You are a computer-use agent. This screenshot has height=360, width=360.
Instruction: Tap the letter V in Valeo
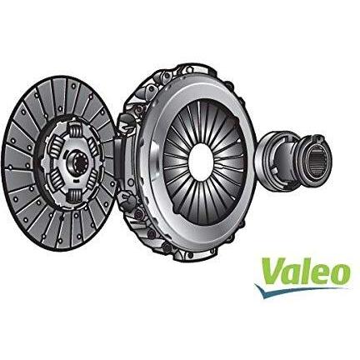click(x=269, y=271)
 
